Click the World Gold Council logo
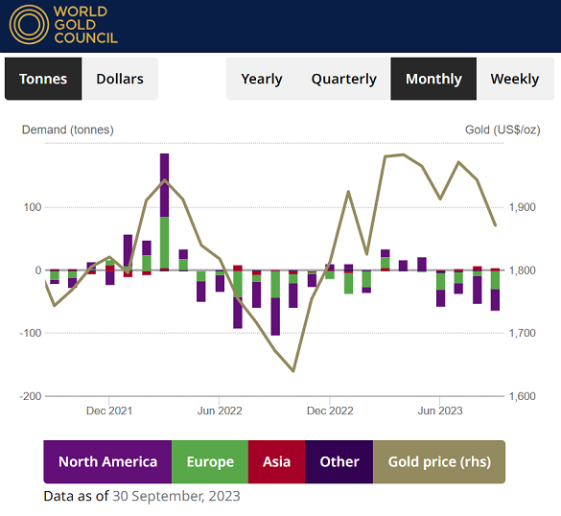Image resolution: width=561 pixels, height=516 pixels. [64, 25]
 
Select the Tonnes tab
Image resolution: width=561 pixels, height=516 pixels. [43, 79]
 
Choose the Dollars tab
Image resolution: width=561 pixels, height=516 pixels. [120, 79]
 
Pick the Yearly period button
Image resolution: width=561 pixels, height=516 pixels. [262, 79]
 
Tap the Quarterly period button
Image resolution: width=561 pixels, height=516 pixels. [343, 79]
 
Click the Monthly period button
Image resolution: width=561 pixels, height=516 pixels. [433, 79]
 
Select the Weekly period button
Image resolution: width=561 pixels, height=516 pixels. [515, 79]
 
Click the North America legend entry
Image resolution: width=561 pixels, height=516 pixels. [107, 461]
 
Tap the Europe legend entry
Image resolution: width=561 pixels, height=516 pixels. [210, 461]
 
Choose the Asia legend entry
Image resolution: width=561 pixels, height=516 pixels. [276, 461]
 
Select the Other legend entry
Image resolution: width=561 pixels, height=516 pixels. [339, 461]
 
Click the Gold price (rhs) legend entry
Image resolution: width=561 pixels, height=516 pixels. [438, 461]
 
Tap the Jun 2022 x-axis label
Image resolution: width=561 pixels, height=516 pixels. [220, 410]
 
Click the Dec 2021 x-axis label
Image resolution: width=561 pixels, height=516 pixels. [109, 410]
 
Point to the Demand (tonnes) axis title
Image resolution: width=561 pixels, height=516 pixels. [67, 129]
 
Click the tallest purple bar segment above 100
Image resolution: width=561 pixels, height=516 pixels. [164, 184]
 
